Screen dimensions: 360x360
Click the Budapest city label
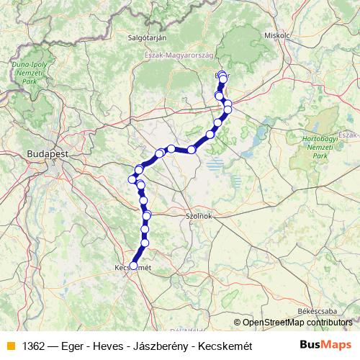click(47, 153)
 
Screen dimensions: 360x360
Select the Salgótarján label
click(147, 37)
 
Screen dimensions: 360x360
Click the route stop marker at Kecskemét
click(133, 266)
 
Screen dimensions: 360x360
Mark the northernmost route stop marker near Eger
click(222, 74)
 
